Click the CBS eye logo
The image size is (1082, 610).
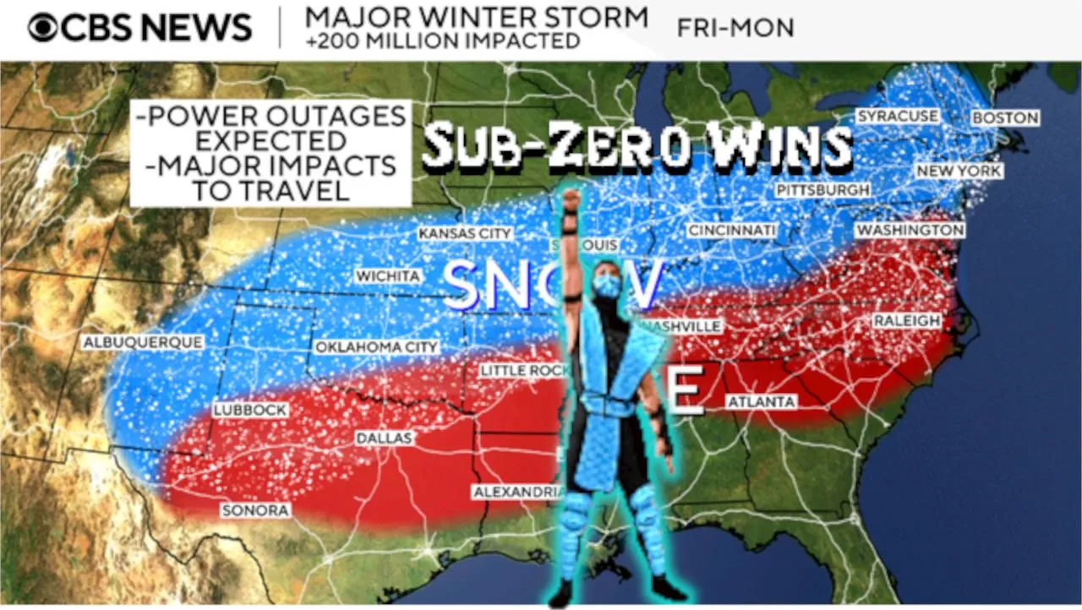[43, 28]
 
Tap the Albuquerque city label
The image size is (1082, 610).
[143, 342]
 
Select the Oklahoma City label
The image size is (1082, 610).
[377, 346]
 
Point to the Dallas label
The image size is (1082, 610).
[384, 438]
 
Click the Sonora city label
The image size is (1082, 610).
[255, 510]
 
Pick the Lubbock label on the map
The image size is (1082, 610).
[250, 410]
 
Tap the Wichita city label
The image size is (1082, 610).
[388, 276]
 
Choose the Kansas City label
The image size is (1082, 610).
[465, 233]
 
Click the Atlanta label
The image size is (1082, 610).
[762, 402]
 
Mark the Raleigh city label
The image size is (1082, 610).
[906, 321]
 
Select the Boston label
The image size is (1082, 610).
[1005, 118]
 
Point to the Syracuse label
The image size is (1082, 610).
[897, 116]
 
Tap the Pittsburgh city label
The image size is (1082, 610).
[822, 190]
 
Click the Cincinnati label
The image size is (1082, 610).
[731, 231]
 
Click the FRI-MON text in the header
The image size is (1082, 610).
[735, 28]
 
